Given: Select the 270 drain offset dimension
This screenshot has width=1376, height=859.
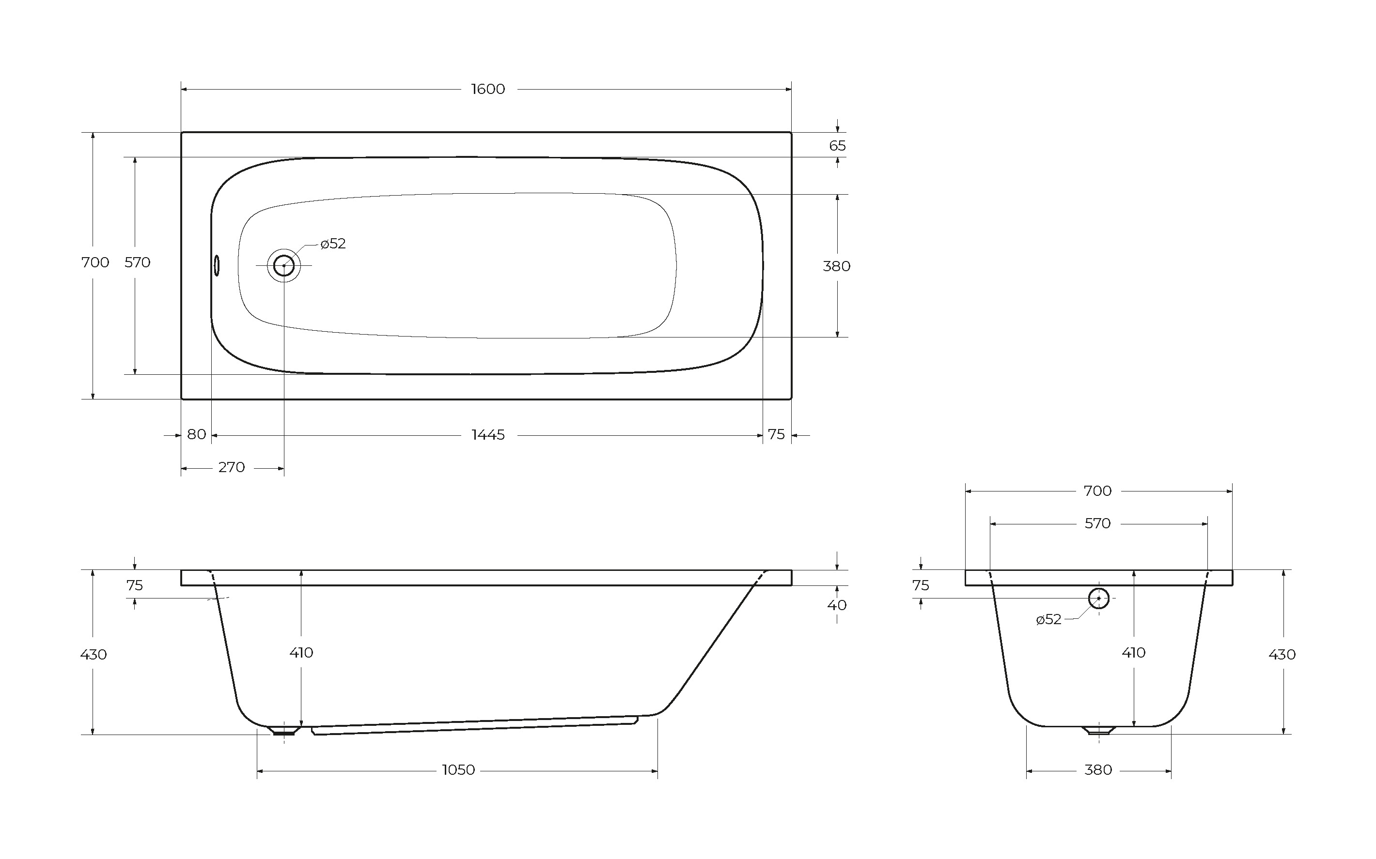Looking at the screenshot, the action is pos(231,468).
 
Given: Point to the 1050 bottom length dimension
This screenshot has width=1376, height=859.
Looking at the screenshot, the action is pos(458,770).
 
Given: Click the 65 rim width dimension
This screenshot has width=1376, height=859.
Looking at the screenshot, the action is pos(837,146).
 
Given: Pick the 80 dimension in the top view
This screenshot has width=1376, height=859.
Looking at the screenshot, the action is pos(197,435).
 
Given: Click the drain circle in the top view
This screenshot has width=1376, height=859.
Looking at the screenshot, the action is pos(283,265).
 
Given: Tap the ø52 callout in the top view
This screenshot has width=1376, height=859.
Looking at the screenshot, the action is pos(333,244).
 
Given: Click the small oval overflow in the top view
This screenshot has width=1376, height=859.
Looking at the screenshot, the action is pos(217,265).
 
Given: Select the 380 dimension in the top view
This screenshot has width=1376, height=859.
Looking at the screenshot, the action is pos(837,266).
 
